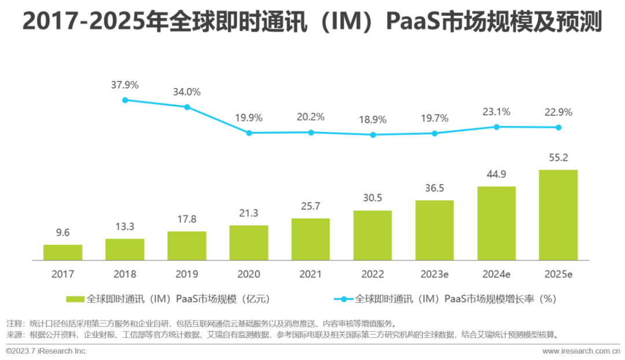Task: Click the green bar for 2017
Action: (x=62, y=252)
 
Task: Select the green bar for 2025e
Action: (x=558, y=215)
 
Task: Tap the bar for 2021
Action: (x=311, y=239)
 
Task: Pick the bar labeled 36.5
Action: (x=434, y=230)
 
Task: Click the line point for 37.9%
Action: (x=125, y=100)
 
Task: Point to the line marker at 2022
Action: (x=373, y=135)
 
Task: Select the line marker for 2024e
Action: (x=496, y=127)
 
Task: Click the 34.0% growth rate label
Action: (x=186, y=91)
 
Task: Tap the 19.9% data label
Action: (x=249, y=117)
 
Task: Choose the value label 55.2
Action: (x=558, y=157)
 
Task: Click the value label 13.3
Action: (x=125, y=226)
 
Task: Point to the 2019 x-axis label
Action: (x=186, y=274)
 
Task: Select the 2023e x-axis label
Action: (x=434, y=274)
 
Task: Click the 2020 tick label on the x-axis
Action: (x=249, y=274)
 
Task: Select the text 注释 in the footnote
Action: (x=14, y=323)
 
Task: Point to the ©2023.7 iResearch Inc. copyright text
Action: (x=46, y=351)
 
